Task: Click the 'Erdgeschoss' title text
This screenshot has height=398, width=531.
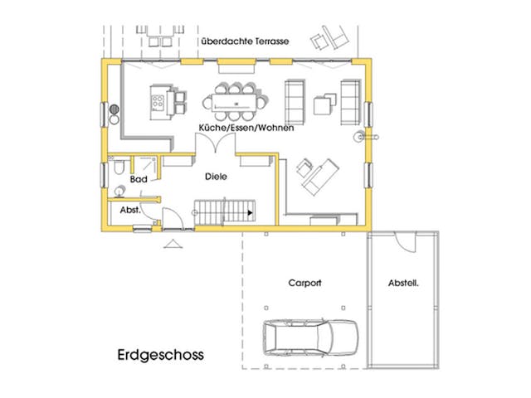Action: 160,355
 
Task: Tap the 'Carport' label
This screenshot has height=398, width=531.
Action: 304,283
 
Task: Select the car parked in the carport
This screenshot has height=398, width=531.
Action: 310,338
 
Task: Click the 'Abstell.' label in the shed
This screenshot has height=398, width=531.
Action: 403,283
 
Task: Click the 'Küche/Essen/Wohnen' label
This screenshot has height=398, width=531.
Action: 246,128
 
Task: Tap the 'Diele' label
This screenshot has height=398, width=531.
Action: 217,176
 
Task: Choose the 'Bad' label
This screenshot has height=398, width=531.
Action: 139,179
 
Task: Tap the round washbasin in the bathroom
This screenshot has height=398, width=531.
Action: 120,191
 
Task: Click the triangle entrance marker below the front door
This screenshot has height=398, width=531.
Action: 173,243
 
